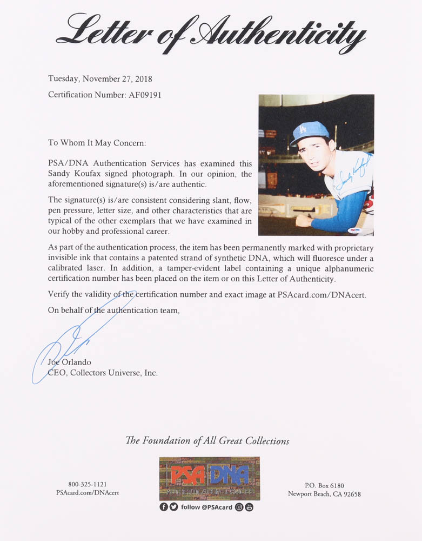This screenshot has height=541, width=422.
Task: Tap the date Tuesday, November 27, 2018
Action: pos(100,79)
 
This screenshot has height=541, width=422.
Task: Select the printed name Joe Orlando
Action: pos(68,361)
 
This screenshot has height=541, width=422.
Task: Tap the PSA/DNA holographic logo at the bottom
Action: pos(209,478)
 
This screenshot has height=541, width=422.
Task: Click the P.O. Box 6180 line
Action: pos(324,485)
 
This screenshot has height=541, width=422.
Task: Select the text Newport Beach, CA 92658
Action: pos(324,493)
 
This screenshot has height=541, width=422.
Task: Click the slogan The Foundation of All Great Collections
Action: pos(207,441)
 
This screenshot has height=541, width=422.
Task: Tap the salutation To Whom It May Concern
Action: pos(97,143)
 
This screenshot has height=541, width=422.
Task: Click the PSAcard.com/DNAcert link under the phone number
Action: pos(87,493)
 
